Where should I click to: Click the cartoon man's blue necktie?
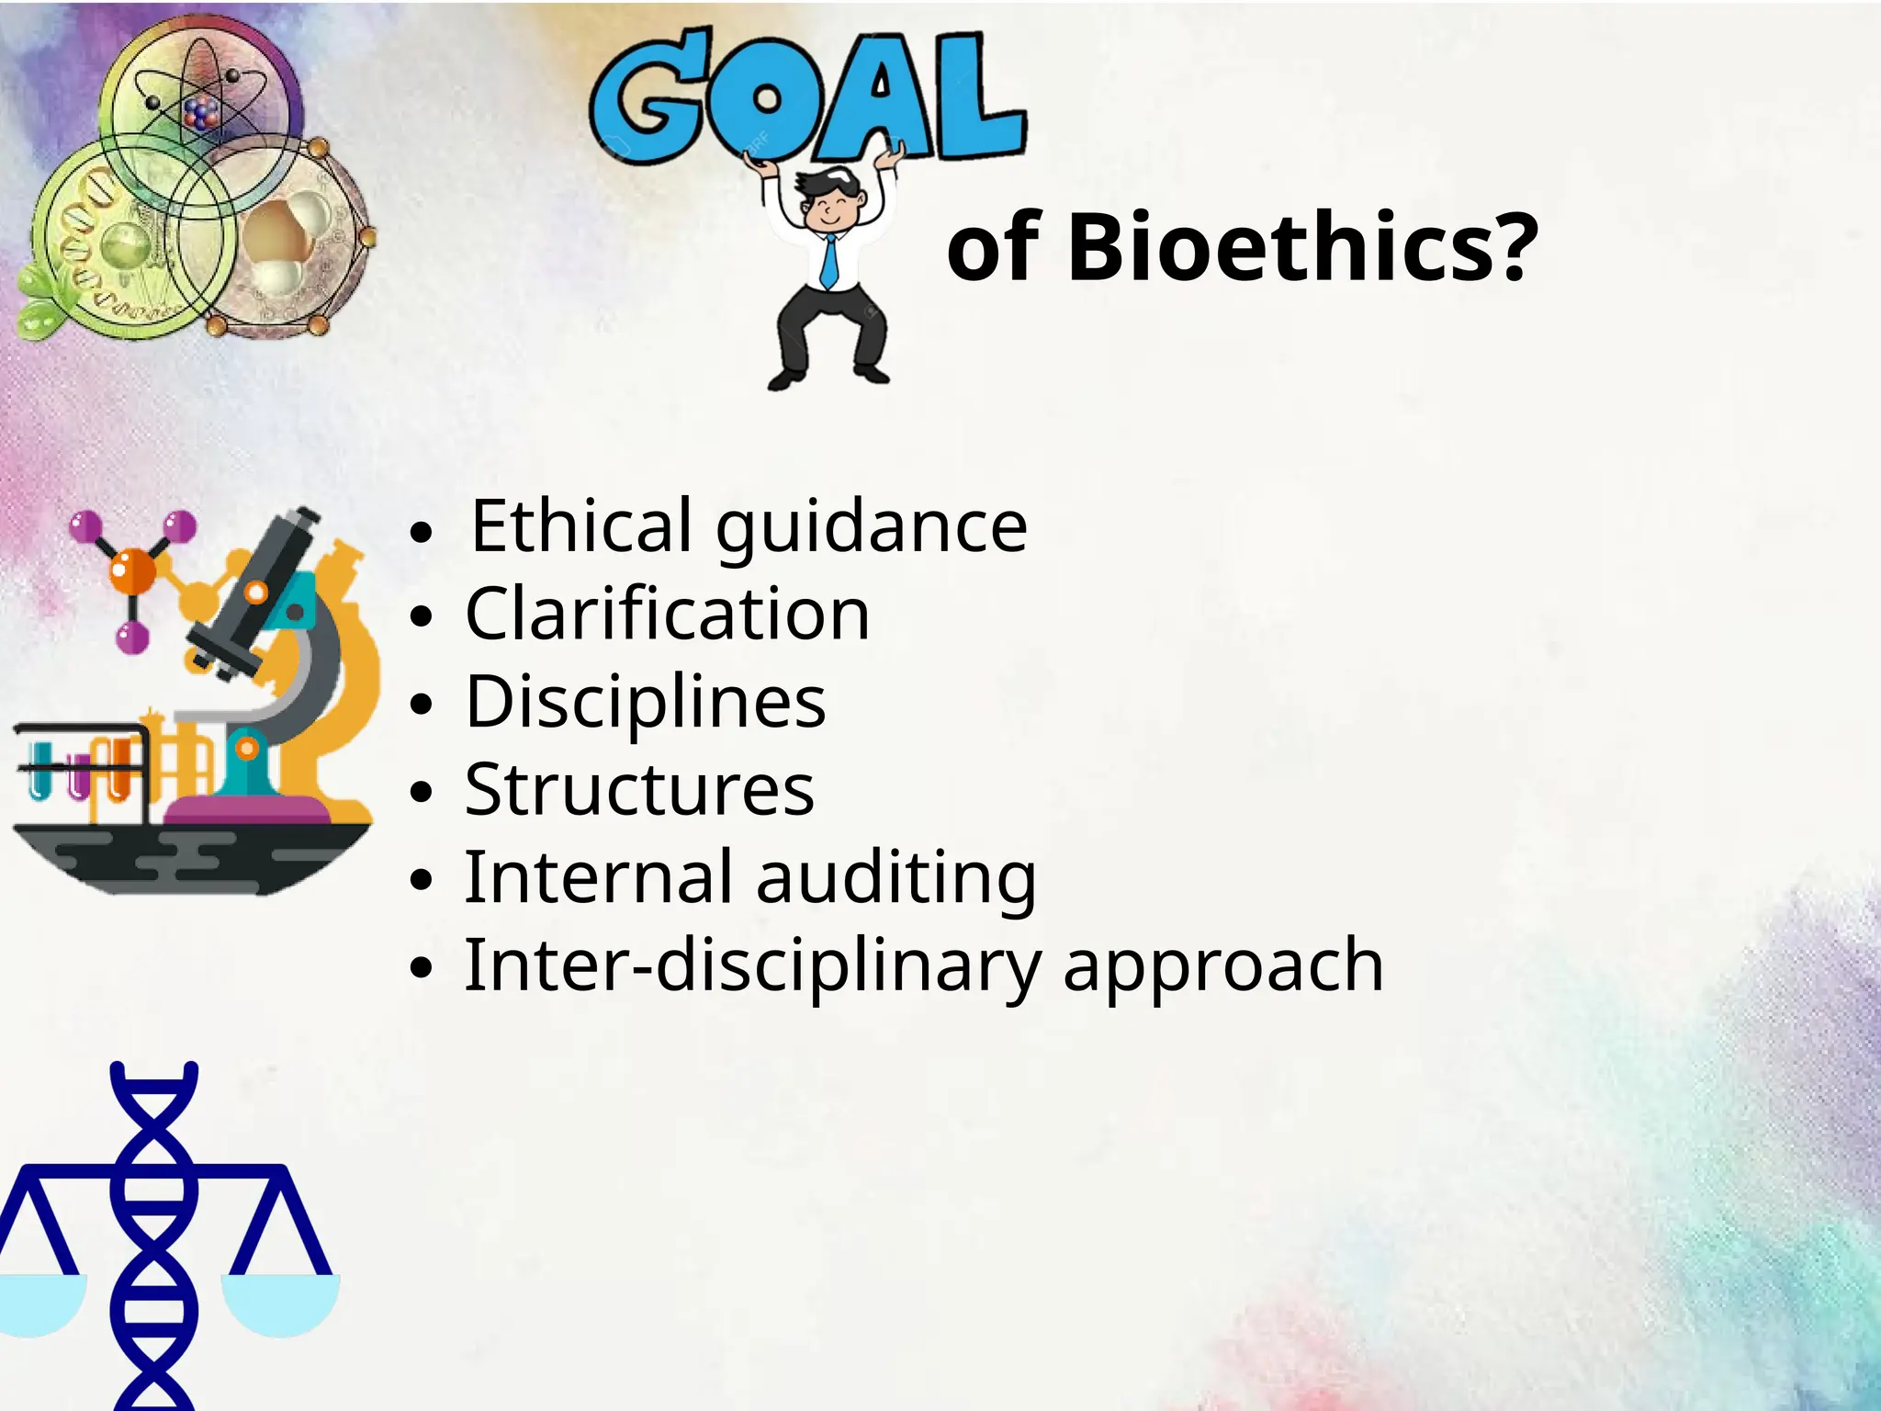[x=829, y=261]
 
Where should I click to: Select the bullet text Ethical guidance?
[x=749, y=525]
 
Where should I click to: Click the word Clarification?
[x=668, y=614]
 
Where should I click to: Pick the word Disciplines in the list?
[x=646, y=702]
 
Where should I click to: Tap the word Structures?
[x=639, y=789]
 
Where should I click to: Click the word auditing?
[x=896, y=877]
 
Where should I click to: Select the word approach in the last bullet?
[x=1222, y=965]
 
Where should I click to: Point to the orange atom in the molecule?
[x=133, y=570]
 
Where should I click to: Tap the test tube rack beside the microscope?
[x=83, y=767]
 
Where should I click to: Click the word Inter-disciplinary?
[x=752, y=965]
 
